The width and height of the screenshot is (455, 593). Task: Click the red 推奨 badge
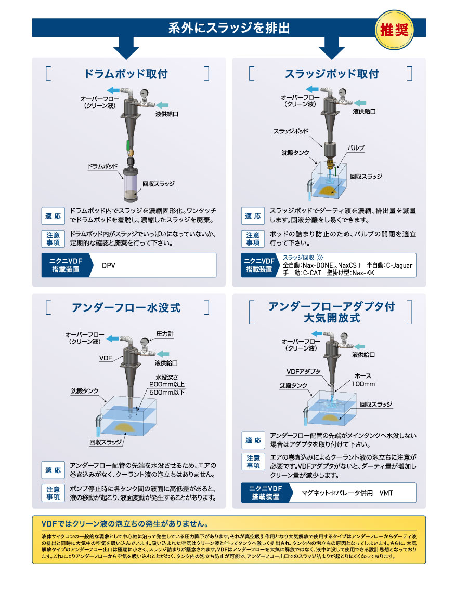[394, 30]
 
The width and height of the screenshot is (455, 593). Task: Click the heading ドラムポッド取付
[126, 74]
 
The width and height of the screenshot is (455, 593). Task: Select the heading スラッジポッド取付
[331, 74]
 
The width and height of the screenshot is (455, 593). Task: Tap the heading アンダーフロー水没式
[126, 307]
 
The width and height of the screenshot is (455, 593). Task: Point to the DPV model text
[108, 265]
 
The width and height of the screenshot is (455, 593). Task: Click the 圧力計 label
[165, 334]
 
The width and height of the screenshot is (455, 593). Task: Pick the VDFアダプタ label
[304, 371]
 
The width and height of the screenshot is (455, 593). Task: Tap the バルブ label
[356, 148]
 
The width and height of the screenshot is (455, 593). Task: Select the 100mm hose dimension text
[363, 384]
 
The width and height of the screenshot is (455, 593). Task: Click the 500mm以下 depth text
[167, 393]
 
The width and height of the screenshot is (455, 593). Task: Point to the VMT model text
[386, 493]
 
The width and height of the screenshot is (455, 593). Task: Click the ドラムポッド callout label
[102, 166]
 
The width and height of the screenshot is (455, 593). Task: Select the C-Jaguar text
[399, 265]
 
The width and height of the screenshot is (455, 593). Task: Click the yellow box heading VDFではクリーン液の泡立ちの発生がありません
[125, 524]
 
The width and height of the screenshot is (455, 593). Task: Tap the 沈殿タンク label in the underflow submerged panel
[85, 390]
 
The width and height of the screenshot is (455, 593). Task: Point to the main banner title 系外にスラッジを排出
[229, 28]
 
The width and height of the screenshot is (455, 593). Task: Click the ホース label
[363, 376]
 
